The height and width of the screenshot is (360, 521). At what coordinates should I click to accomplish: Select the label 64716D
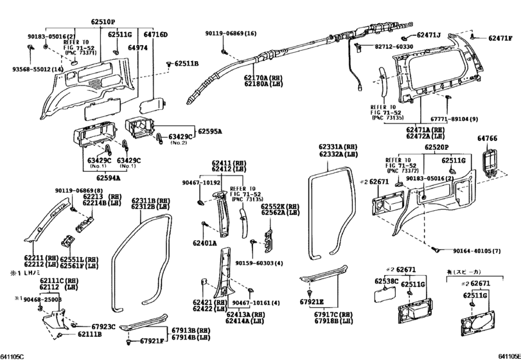point(155,34)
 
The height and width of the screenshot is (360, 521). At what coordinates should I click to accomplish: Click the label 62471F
point(498,39)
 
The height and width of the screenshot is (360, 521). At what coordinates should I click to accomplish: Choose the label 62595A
point(209,130)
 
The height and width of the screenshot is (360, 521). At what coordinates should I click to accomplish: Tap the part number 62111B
point(89,334)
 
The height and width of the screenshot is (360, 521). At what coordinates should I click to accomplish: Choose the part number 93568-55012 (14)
point(31,69)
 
